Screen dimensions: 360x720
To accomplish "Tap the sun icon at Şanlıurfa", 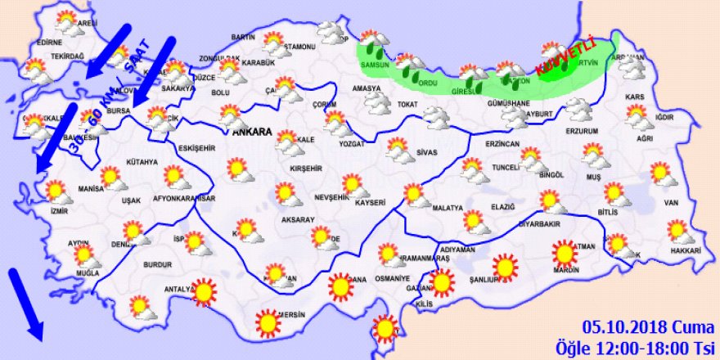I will pos(505,266).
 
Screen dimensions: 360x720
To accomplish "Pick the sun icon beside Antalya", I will pos(202,291).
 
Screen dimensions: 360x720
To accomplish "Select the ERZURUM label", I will pos(582,131).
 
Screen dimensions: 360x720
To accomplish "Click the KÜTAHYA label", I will pos(142,162).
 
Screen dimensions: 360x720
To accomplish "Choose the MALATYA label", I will pos(448,209).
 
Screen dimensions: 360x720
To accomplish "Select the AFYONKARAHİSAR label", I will pos(184,198).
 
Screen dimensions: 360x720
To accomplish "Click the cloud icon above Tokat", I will pos(378,101).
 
